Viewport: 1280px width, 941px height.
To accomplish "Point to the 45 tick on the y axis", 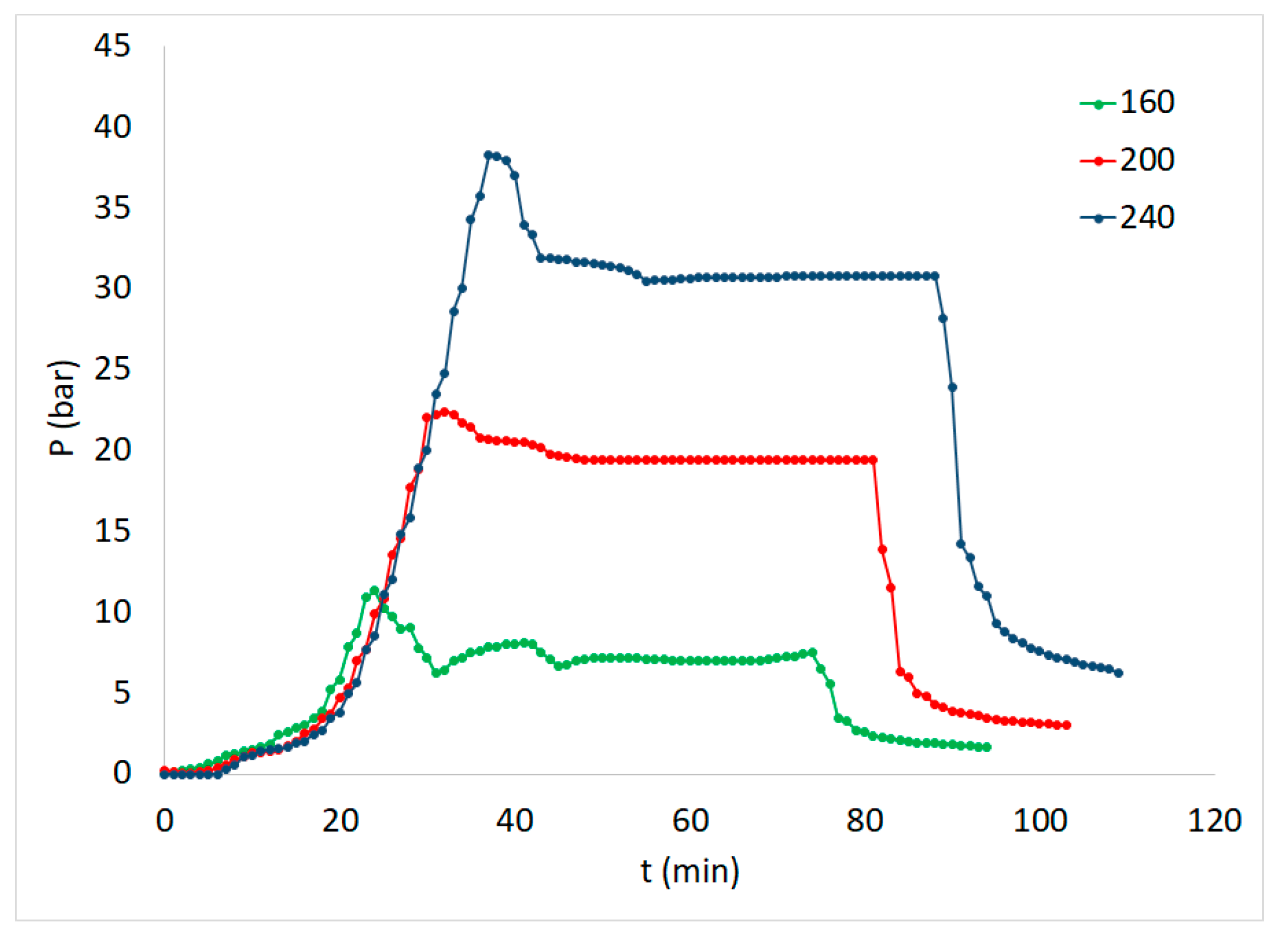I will [x=112, y=46].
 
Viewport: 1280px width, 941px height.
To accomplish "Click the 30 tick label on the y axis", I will [x=112, y=288].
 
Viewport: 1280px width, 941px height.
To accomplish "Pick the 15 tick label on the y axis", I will [x=112, y=531].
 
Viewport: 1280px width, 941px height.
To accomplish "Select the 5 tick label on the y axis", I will [x=122, y=693].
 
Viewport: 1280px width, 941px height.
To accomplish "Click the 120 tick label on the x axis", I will [x=1214, y=821].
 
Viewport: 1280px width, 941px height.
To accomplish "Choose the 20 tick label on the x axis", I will [x=340, y=821].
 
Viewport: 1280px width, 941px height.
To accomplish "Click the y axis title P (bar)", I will [x=62, y=409].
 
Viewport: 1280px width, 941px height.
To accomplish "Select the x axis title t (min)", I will [x=690, y=871].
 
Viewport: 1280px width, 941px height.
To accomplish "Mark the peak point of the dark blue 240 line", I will [x=488, y=155].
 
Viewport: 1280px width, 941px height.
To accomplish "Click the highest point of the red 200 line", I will [x=444, y=412].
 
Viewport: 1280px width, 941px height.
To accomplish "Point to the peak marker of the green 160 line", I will [x=374, y=590].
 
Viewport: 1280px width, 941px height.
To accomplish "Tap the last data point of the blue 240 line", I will [x=1119, y=673].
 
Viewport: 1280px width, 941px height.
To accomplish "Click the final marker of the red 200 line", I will [x=1066, y=725].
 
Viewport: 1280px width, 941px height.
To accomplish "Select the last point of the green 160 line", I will [x=987, y=747].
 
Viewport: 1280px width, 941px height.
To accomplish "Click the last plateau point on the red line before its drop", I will [x=873, y=460].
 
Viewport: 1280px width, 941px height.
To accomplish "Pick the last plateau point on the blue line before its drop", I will [x=935, y=276].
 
